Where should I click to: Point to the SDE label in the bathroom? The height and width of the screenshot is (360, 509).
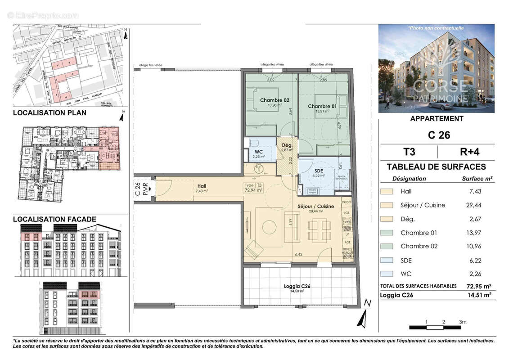click(319, 171)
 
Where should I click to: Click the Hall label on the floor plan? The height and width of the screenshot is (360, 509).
click(202, 185)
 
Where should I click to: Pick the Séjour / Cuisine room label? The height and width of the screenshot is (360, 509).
click(316, 206)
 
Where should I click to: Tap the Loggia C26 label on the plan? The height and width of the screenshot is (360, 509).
click(297, 286)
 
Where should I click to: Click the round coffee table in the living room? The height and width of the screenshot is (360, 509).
click(270, 227)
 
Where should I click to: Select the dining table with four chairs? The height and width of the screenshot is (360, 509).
click(319, 230)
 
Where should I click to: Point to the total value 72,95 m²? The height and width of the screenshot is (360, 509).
click(478, 286)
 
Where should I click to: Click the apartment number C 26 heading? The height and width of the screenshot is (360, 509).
click(436, 135)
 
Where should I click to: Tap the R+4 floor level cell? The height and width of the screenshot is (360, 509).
click(465, 151)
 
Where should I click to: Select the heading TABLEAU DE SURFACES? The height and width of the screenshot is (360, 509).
click(436, 167)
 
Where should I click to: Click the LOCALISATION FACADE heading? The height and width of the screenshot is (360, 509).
click(54, 220)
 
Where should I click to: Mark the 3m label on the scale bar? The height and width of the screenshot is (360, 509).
click(463, 322)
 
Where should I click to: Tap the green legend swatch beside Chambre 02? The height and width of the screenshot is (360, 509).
click(387, 246)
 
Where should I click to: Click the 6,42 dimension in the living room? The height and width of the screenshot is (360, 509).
click(299, 255)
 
